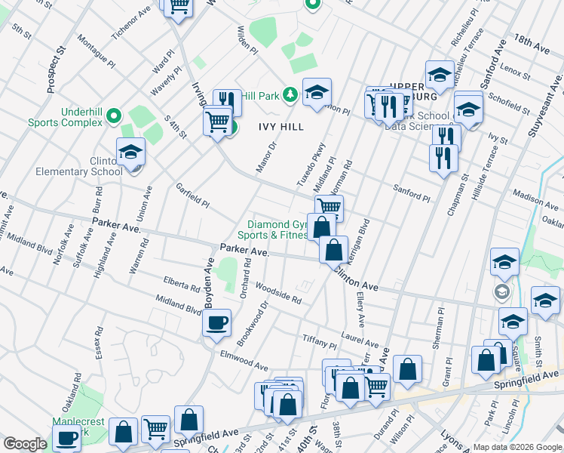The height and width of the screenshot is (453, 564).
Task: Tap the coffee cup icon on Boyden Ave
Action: point(216,325)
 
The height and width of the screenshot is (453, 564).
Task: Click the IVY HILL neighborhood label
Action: point(282,127)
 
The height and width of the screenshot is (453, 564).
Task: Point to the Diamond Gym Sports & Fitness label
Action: point(279,230)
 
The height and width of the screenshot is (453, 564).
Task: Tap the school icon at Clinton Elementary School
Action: point(130,153)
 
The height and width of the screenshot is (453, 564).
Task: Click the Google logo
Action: point(25,444)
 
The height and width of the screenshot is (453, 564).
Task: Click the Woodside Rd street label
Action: point(277,293)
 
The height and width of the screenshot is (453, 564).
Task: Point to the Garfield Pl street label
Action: point(192,194)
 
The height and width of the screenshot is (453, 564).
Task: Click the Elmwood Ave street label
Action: point(244,361)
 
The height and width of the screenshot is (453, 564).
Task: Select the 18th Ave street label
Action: point(532,42)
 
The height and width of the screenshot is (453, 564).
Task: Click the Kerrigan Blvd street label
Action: point(363,239)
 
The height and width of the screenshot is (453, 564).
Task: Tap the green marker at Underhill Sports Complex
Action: point(113,116)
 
